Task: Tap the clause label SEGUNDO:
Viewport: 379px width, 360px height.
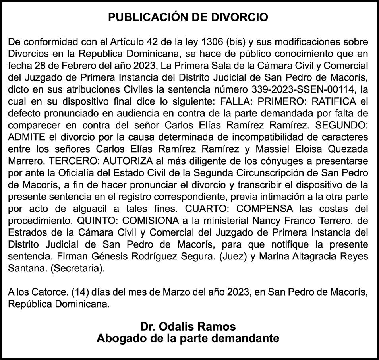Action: [x=341, y=125]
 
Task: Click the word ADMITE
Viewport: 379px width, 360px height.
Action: [x=23, y=137]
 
